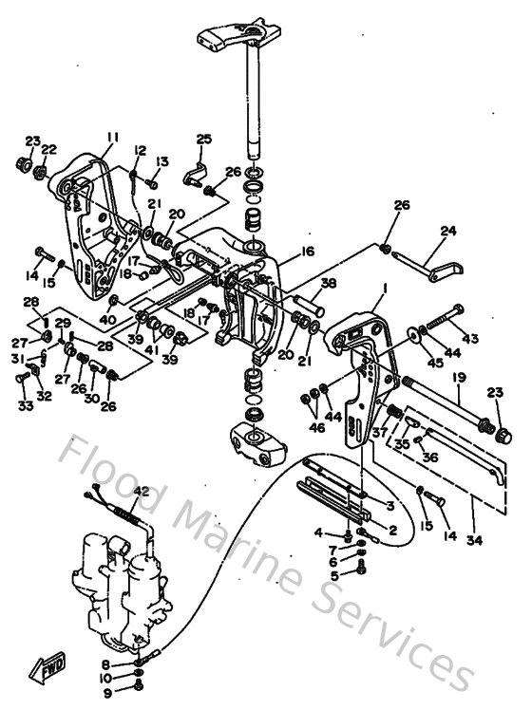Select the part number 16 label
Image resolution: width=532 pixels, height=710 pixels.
[306, 252]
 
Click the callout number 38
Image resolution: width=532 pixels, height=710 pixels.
[327, 284]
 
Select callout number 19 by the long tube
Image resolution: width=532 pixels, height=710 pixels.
[458, 378]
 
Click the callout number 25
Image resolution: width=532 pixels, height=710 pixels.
[202, 140]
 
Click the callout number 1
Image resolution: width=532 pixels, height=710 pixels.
[385, 288]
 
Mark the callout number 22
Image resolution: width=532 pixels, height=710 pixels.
[49, 149]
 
